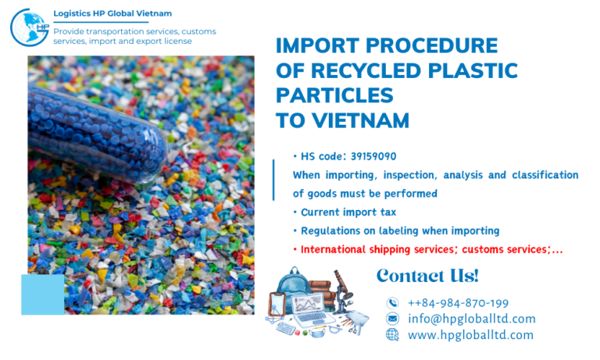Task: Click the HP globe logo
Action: click(x=29, y=27)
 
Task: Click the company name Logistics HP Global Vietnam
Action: click(x=112, y=13)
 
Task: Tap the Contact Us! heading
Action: click(x=427, y=276)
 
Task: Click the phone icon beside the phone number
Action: click(x=392, y=303)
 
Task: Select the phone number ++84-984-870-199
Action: click(x=458, y=303)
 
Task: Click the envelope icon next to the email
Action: click(x=392, y=319)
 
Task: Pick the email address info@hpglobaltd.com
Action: click(x=471, y=319)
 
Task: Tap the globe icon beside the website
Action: click(x=392, y=335)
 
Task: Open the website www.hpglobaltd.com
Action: click(x=470, y=335)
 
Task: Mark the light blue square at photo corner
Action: click(x=42, y=294)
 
